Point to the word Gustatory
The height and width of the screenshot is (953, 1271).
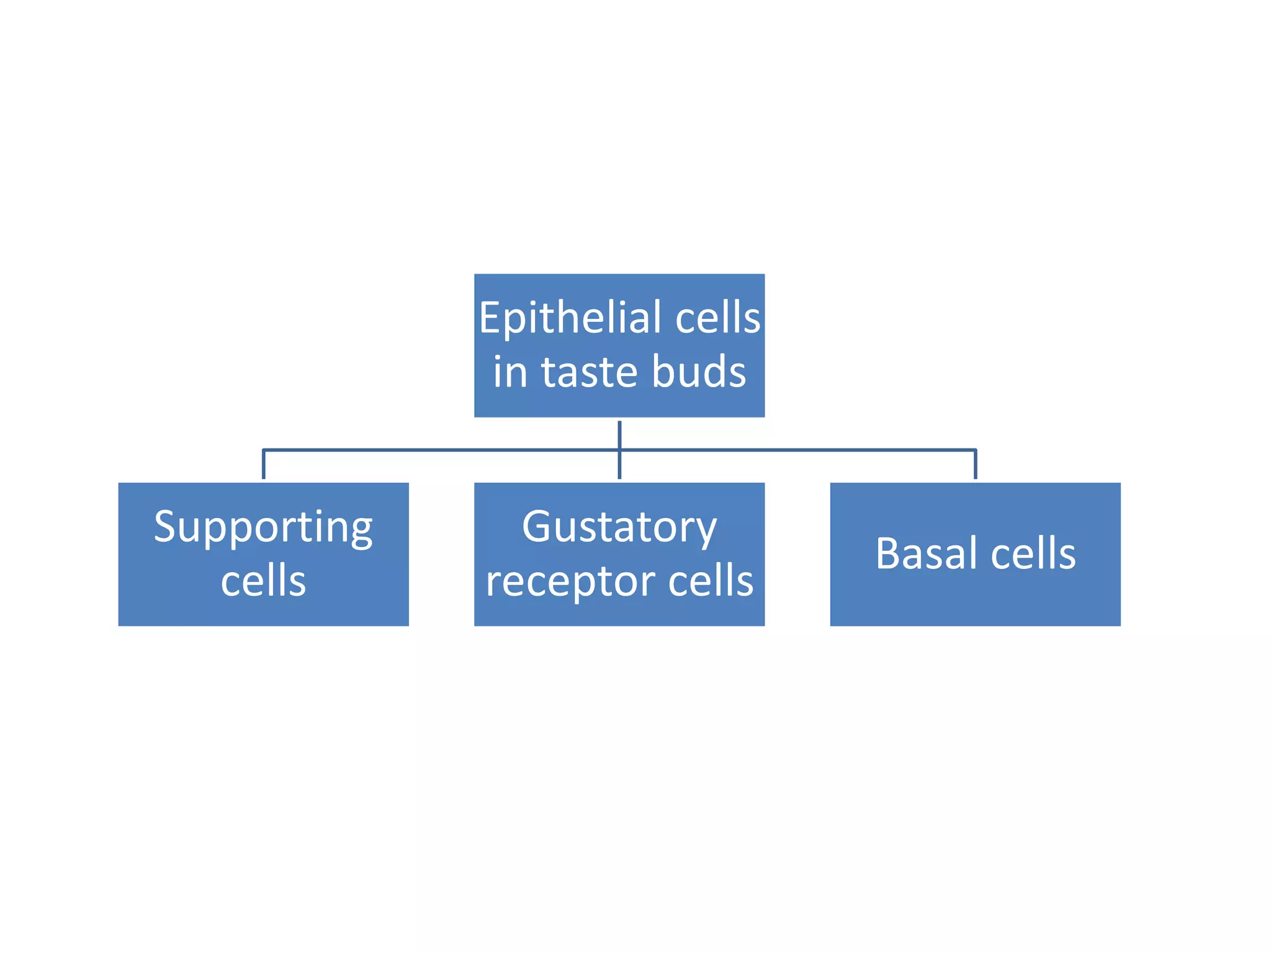click(619, 527)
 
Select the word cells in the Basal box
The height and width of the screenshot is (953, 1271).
click(1033, 553)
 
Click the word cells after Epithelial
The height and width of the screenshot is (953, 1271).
click(717, 318)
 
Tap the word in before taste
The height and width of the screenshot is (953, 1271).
click(510, 372)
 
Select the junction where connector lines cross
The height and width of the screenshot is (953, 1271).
click(619, 450)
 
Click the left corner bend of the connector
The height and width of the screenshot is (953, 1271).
click(264, 450)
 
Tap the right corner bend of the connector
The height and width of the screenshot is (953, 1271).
click(976, 450)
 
